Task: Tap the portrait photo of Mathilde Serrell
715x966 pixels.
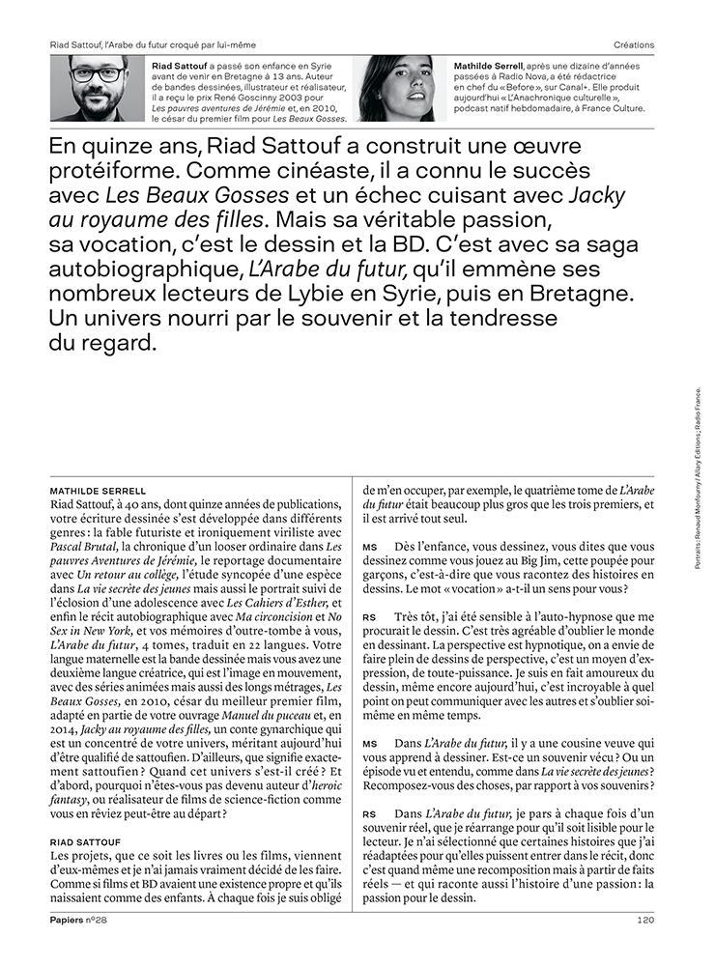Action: click(x=396, y=88)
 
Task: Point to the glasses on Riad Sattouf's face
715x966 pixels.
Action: click(x=97, y=74)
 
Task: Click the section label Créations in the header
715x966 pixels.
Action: click(x=634, y=44)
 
